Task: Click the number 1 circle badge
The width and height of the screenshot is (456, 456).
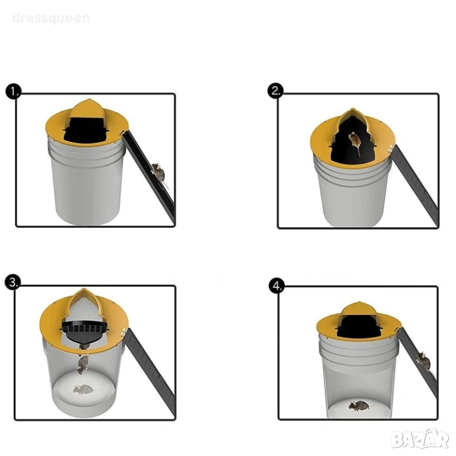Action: (x=14, y=91)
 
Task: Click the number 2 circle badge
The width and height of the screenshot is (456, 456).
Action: (x=275, y=91)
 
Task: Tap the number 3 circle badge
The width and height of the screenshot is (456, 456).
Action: (x=13, y=283)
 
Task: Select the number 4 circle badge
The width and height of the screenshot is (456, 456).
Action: (x=277, y=286)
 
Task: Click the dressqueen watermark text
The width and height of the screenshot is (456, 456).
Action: (x=51, y=18)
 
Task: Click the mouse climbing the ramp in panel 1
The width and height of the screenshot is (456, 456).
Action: (x=159, y=175)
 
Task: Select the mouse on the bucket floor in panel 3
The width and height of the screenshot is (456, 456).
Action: (x=84, y=389)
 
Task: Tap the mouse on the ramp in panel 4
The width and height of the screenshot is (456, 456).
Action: (x=423, y=361)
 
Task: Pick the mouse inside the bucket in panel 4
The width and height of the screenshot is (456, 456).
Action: (x=359, y=406)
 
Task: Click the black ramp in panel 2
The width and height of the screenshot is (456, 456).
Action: (x=416, y=185)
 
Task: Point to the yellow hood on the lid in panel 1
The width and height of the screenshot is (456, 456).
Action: (x=87, y=108)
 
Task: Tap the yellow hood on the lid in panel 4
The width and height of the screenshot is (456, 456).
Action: (x=358, y=309)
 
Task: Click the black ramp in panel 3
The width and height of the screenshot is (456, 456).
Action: (x=151, y=372)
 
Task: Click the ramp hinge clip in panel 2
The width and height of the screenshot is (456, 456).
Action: (x=392, y=148)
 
